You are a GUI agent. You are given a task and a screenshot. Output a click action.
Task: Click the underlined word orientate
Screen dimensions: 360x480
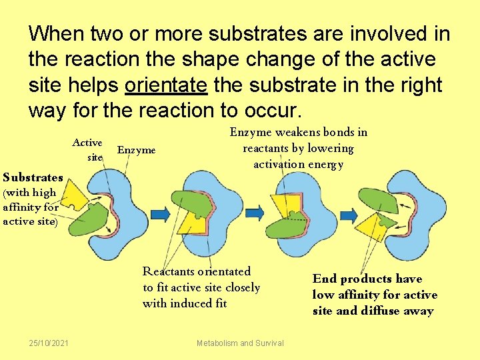pos(167,85)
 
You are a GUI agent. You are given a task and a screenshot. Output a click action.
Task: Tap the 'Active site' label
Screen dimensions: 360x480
pos(87,150)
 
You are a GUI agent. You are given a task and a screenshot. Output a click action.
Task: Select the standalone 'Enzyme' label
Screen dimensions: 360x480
pos(136,150)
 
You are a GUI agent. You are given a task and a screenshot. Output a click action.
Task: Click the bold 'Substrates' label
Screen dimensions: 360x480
pos(33,177)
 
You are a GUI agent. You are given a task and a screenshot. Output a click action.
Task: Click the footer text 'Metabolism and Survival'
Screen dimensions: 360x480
pos(240,343)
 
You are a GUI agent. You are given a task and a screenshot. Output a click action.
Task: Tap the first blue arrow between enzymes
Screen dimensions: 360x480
pos(161,214)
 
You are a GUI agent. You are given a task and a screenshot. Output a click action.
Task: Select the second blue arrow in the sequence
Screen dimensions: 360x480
pos(255,214)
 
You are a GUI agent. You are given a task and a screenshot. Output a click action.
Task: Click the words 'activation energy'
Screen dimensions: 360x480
pos(298,164)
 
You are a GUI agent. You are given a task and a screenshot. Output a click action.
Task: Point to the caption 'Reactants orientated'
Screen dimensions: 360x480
pos(197,271)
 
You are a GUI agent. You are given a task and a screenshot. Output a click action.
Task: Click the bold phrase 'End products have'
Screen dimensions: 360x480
pos(367,279)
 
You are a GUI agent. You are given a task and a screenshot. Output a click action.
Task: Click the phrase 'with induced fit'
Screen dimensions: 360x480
pos(185,303)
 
